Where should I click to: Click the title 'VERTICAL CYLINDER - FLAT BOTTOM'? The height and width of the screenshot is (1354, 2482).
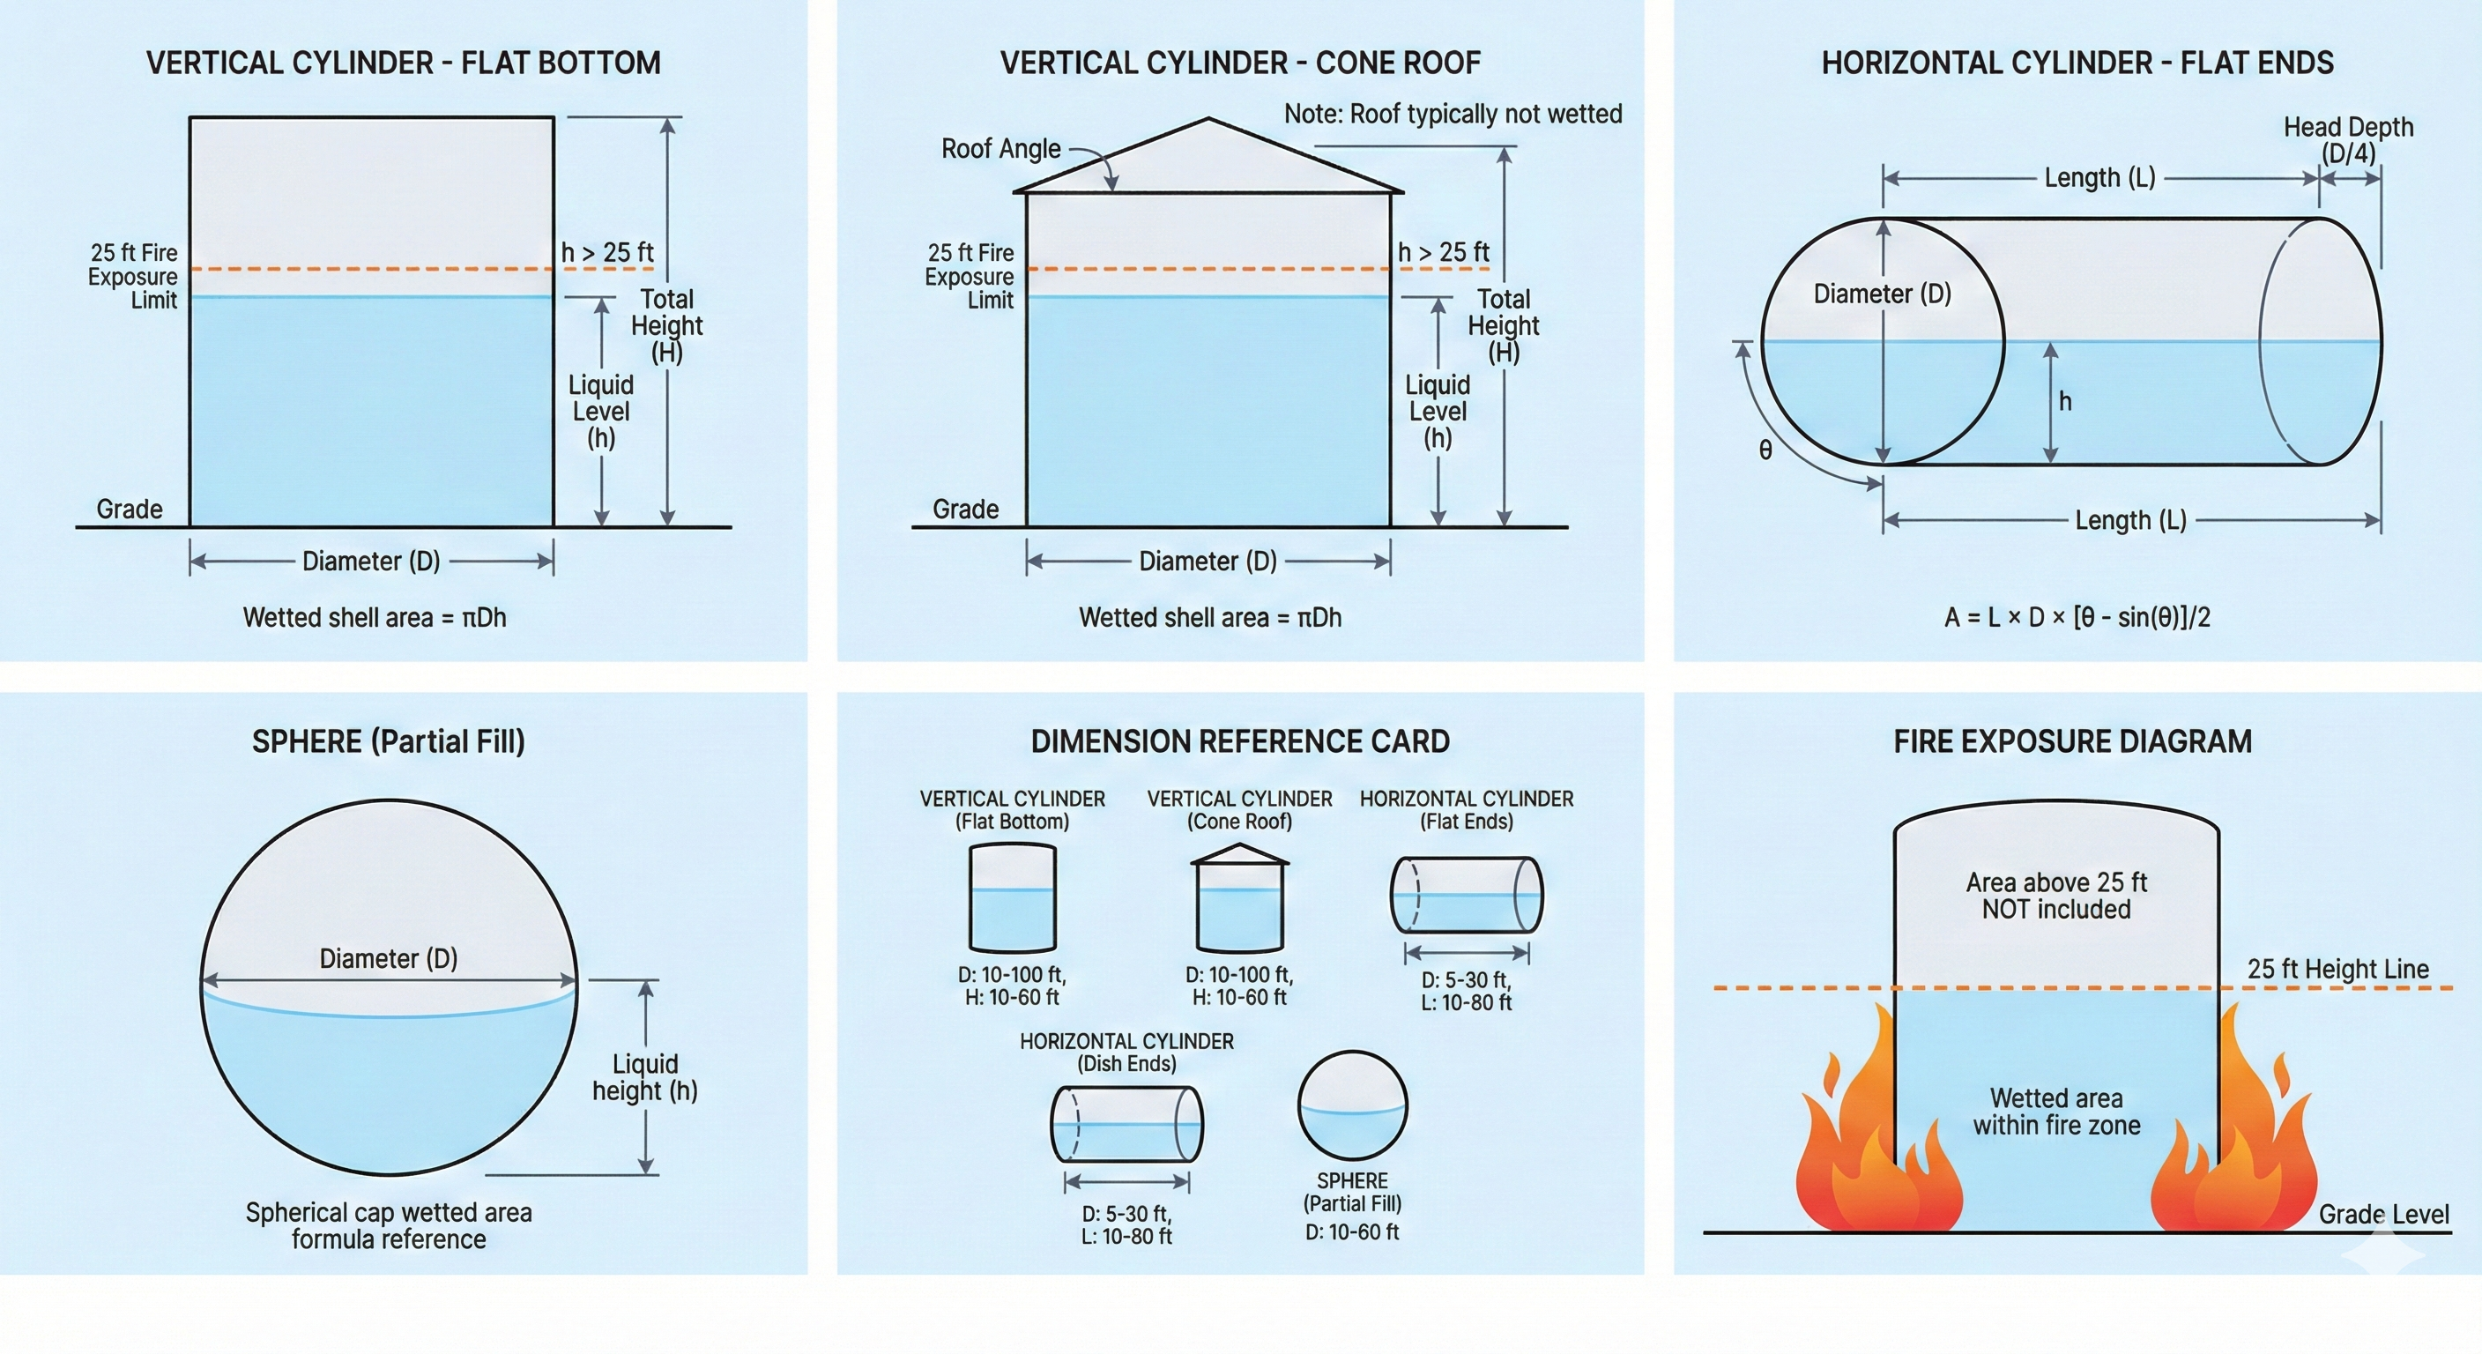pyautogui.click(x=403, y=63)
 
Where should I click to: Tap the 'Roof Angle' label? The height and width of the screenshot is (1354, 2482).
pyautogui.click(x=1000, y=149)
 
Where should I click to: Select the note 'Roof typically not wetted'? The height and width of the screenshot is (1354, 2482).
pyautogui.click(x=1452, y=115)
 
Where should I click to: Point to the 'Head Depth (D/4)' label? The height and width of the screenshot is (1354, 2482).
pyautogui.click(x=2347, y=140)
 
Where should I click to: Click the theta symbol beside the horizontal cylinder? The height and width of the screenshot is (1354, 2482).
pyautogui.click(x=1765, y=450)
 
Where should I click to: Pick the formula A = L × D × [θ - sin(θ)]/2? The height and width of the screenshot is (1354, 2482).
pyautogui.click(x=2077, y=618)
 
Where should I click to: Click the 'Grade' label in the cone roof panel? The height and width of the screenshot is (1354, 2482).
pyautogui.click(x=964, y=509)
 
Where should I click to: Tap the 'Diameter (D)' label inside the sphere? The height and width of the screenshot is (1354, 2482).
pyautogui.click(x=389, y=959)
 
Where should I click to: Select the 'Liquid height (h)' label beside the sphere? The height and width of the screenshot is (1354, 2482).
pyautogui.click(x=644, y=1077)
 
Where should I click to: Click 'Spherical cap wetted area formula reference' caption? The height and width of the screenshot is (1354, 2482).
pyautogui.click(x=389, y=1226)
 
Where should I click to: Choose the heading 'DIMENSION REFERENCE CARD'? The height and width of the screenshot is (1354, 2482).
pyautogui.click(x=1239, y=742)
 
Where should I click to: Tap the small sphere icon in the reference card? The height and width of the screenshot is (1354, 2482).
pyautogui.click(x=1352, y=1105)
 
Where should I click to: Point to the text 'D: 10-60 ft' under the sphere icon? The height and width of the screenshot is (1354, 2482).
pyautogui.click(x=1352, y=1231)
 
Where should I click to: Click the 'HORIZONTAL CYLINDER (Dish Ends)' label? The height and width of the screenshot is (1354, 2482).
pyautogui.click(x=1126, y=1053)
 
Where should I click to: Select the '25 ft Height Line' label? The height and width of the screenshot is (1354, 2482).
pyautogui.click(x=2337, y=970)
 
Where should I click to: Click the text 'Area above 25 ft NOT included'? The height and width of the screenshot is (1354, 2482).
pyautogui.click(x=2056, y=896)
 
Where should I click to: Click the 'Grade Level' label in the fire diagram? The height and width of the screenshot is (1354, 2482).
pyautogui.click(x=2382, y=1214)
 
